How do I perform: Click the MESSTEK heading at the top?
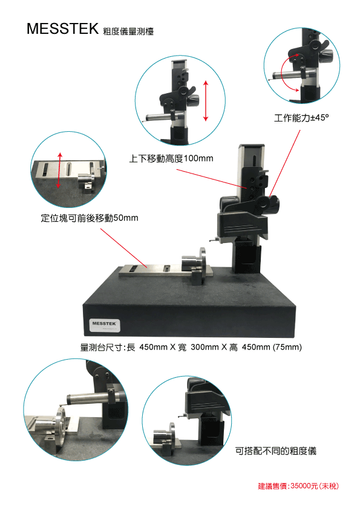pos(62,28)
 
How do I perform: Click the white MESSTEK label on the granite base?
pos(105,325)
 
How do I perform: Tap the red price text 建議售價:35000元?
pos(298,486)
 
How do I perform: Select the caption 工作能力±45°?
pos(301,117)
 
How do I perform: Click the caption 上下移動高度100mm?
pos(171,158)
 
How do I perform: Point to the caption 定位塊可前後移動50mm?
pos(90,218)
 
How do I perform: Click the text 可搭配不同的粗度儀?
pos(275,451)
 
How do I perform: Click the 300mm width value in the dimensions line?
pos(205,347)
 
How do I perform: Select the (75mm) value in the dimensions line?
pos(287,347)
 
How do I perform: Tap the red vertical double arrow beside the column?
pos(206,100)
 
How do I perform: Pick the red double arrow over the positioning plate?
pos(59,170)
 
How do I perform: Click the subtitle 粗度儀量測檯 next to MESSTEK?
pos(128,31)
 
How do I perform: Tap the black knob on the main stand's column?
pos(270,204)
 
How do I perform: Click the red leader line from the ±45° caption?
pos(285,163)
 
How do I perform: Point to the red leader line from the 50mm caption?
pos(124,248)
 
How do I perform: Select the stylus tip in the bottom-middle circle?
pos(180,416)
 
